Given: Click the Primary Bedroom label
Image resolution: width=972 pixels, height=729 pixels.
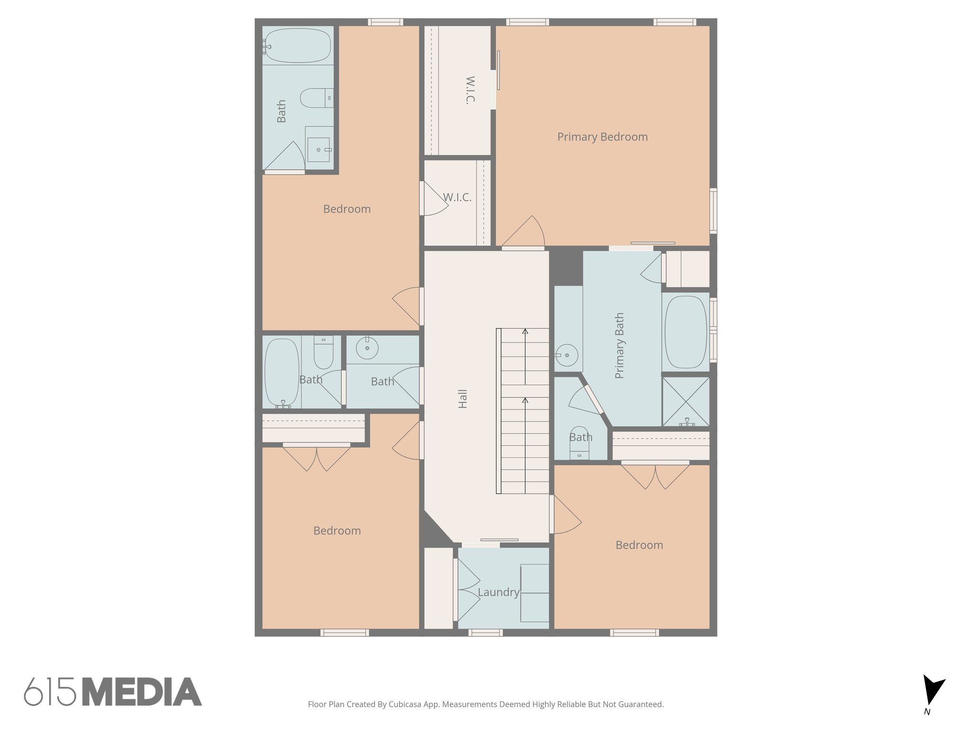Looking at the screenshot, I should point(602,137).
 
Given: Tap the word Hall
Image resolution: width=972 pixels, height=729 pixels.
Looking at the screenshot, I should point(463,399).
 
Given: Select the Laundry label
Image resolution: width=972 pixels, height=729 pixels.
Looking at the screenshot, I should point(498,592).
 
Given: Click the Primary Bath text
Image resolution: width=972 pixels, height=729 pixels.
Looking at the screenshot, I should point(619,346).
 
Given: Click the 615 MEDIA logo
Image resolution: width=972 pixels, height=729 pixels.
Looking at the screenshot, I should point(113,692).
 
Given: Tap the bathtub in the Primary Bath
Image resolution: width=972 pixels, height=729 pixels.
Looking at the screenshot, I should point(686,332).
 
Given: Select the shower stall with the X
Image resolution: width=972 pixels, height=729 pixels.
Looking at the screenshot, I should point(686,402).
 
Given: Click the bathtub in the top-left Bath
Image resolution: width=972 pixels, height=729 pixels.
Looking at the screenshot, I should point(298,46).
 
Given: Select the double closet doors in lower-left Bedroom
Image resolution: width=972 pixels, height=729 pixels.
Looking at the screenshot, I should point(317,458).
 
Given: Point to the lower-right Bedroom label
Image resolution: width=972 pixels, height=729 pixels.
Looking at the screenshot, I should point(639,545).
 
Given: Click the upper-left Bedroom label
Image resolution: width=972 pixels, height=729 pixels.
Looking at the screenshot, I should point(346,209).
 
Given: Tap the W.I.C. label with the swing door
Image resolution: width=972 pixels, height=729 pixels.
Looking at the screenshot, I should point(457,197).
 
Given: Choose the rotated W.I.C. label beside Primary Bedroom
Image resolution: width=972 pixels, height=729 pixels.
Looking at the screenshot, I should point(470,90).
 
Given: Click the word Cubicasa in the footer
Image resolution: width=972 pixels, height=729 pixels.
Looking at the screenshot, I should point(407,704).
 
